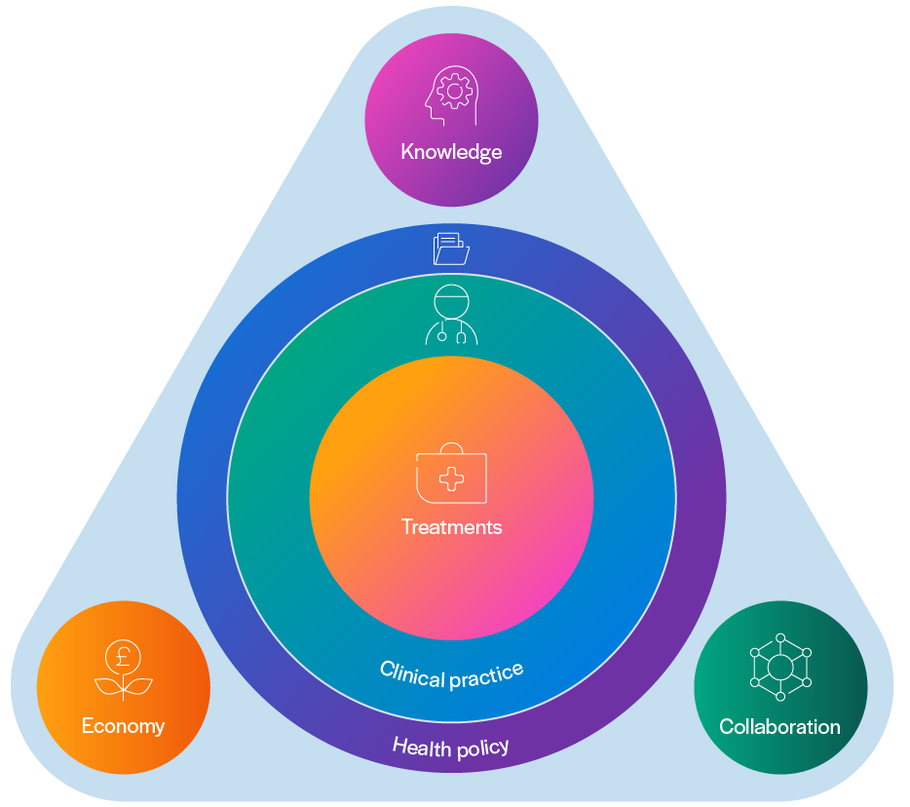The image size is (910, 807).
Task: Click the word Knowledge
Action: tap(451, 152)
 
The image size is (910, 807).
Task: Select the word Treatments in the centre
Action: tap(451, 527)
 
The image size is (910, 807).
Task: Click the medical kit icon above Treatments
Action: tap(451, 475)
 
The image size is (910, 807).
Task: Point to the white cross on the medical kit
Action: tap(451, 479)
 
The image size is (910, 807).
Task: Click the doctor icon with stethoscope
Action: tap(451, 314)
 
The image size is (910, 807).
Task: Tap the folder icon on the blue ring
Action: tap(451, 249)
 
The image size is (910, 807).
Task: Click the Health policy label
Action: tap(450, 749)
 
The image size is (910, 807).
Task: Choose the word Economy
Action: tap(123, 726)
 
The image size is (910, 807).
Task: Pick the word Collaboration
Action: tap(779, 727)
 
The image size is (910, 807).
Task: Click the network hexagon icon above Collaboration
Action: tap(779, 668)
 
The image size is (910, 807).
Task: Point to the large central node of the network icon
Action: tap(779, 668)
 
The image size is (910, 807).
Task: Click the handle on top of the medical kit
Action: tap(451, 449)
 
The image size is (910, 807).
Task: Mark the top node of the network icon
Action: tap(779, 638)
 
